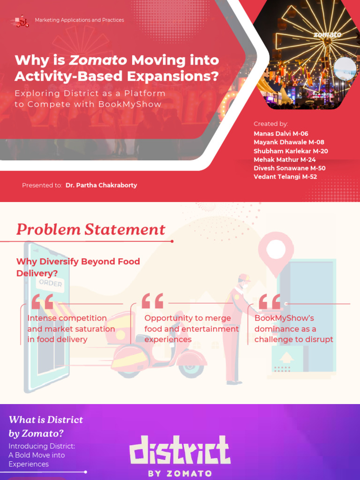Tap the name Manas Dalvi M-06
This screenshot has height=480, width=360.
(x=281, y=134)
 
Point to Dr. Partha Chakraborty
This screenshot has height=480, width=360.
(x=101, y=185)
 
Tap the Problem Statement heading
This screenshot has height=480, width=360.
(x=90, y=230)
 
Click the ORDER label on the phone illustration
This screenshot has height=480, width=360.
(x=51, y=283)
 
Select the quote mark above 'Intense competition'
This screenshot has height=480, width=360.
(x=42, y=302)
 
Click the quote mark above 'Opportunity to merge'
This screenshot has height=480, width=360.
(x=152, y=302)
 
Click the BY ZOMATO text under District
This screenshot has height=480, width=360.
(x=180, y=473)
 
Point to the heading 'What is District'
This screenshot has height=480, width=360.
(x=46, y=420)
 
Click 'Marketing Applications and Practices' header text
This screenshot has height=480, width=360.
(x=79, y=20)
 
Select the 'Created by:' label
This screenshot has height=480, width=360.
(x=270, y=124)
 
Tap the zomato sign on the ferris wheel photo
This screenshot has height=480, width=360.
(x=327, y=35)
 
